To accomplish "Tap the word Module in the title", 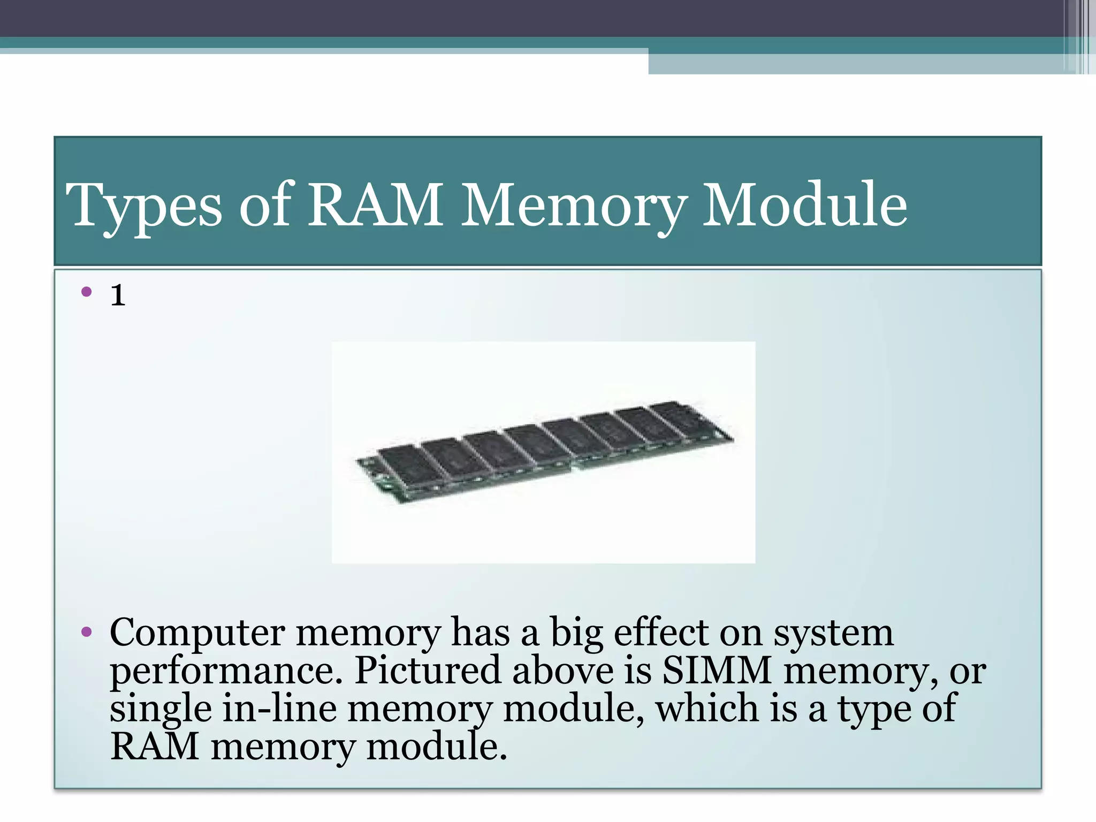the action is point(804,204).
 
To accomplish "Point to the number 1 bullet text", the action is point(118,295).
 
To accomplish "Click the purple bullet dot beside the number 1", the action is point(87,292).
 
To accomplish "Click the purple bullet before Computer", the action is point(87,633).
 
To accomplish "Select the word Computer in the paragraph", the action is point(197,634).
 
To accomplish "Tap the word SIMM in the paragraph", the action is point(717,670).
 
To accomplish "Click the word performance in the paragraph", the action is point(225,671).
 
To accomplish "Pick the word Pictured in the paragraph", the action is point(428,670).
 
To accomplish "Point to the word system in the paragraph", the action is point(833,634).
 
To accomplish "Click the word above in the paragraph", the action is point(563,670).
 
